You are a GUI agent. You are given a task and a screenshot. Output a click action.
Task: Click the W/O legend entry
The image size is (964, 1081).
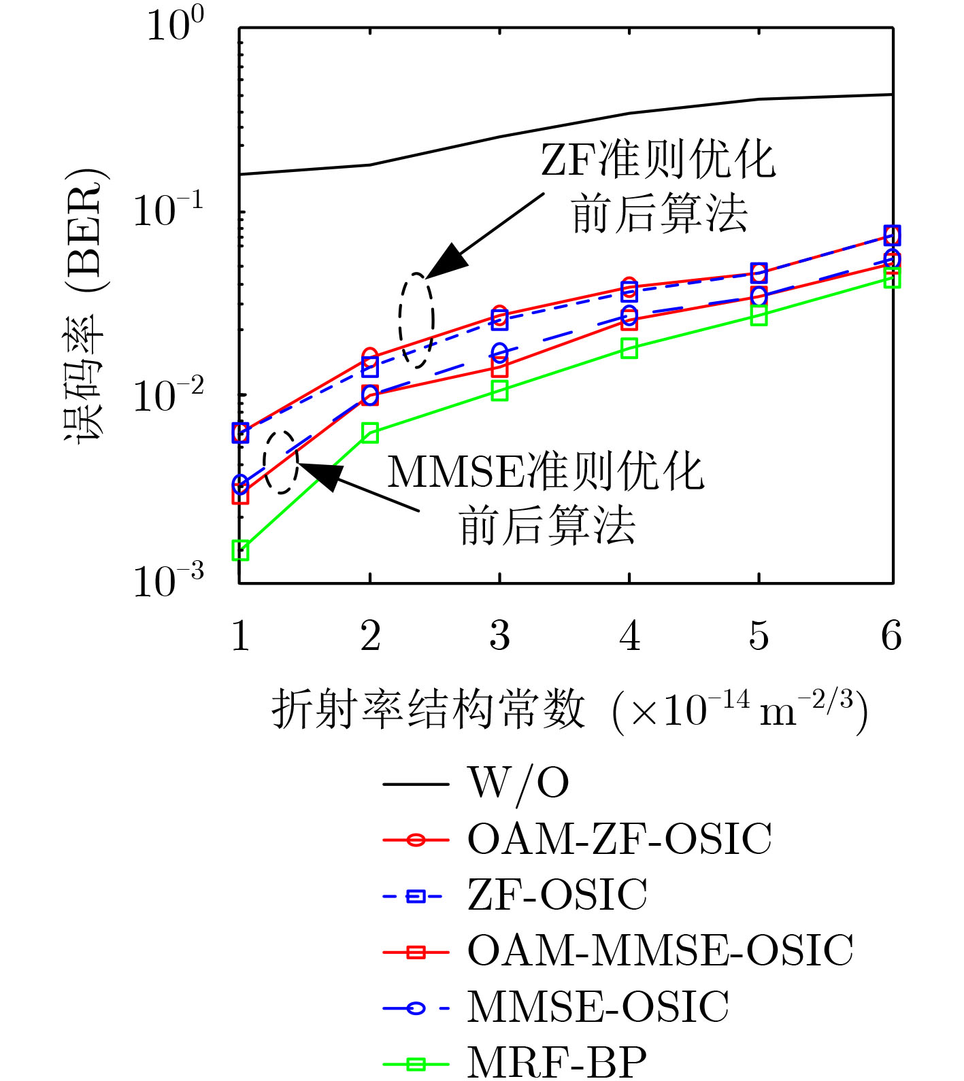click(517, 783)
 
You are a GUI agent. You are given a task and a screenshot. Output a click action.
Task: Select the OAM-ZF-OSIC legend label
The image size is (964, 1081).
click(619, 839)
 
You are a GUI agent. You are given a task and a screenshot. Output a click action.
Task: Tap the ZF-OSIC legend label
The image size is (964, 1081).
click(556, 895)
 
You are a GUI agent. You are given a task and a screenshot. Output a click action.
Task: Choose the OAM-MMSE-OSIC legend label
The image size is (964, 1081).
click(660, 950)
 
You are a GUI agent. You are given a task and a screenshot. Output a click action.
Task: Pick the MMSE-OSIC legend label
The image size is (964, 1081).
click(597, 1007)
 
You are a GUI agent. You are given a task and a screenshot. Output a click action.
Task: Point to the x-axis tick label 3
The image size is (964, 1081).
click(500, 636)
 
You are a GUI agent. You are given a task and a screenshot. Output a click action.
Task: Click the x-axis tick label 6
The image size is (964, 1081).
click(891, 636)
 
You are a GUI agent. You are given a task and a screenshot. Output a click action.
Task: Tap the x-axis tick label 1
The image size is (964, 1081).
click(240, 636)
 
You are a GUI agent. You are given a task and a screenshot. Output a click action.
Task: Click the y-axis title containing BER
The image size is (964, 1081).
click(85, 306)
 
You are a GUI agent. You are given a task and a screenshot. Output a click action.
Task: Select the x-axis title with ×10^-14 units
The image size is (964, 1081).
click(570, 711)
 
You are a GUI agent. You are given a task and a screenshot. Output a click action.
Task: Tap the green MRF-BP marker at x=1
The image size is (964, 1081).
click(240, 550)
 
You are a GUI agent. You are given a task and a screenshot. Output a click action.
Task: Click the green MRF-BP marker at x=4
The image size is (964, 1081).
click(629, 349)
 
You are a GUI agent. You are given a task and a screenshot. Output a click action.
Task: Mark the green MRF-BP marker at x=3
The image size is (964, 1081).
click(500, 391)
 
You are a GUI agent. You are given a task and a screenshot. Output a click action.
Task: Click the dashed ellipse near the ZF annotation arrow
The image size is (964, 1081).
click(416, 320)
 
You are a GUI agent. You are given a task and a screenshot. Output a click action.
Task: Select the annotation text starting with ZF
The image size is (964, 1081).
click(659, 186)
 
